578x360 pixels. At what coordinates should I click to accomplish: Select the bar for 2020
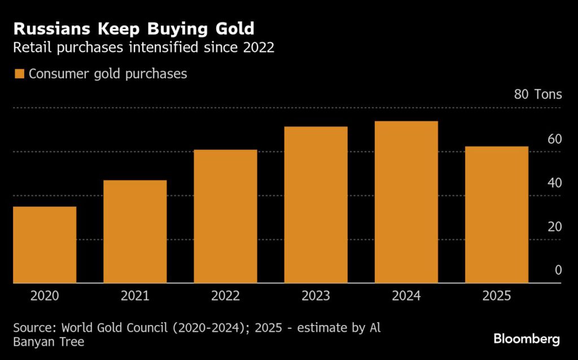(x=45, y=245)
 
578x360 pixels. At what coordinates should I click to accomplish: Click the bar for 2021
(x=135, y=231)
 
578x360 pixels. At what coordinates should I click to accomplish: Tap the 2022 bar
(x=225, y=216)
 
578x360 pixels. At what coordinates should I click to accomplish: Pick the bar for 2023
(x=316, y=205)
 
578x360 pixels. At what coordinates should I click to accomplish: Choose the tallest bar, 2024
(x=406, y=202)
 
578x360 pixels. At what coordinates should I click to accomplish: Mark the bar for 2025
(x=497, y=214)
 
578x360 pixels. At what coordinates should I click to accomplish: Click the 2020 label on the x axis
(x=45, y=296)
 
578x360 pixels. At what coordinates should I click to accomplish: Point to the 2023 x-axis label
(x=316, y=296)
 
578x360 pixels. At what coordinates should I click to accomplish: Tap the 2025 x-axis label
(x=497, y=296)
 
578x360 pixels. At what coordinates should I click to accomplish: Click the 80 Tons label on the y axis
(x=538, y=94)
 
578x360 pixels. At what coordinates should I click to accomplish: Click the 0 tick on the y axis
(x=558, y=270)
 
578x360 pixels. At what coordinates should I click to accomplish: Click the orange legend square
(x=20, y=74)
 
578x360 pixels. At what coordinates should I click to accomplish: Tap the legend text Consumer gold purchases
(x=108, y=74)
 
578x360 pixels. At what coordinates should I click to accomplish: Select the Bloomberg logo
(x=527, y=339)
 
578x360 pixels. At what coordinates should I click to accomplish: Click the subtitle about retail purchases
(x=144, y=47)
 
